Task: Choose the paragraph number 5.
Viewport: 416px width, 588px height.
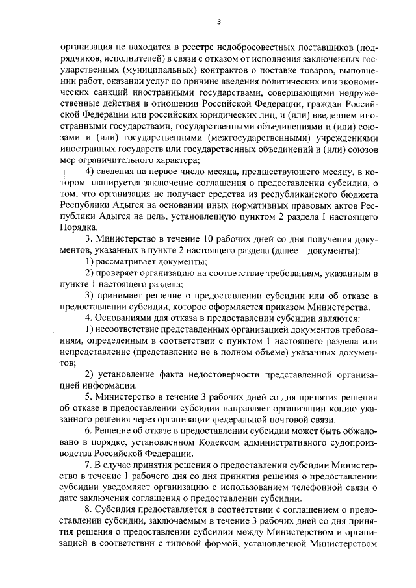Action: coord(88,396)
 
